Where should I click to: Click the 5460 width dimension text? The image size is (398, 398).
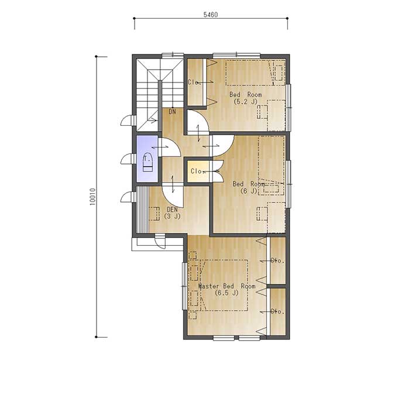(x=211, y=15)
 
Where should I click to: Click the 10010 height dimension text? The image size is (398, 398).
(x=92, y=197)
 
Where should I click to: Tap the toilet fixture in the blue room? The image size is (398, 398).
(x=147, y=163)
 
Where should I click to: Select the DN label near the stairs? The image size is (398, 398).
(x=172, y=111)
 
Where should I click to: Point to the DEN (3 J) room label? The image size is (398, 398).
(x=172, y=213)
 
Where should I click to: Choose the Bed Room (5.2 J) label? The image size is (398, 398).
(x=245, y=98)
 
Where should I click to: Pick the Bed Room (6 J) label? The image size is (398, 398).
(x=249, y=187)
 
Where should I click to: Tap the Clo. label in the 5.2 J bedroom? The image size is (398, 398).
(x=194, y=82)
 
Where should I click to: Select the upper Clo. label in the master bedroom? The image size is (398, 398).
(x=277, y=260)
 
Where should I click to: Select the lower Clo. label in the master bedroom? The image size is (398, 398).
(x=277, y=311)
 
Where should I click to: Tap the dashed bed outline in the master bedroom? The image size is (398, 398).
(x=224, y=285)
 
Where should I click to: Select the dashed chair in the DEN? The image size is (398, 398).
(x=154, y=214)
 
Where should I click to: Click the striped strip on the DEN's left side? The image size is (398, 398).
(x=142, y=210)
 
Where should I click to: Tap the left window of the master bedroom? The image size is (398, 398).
(x=185, y=286)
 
